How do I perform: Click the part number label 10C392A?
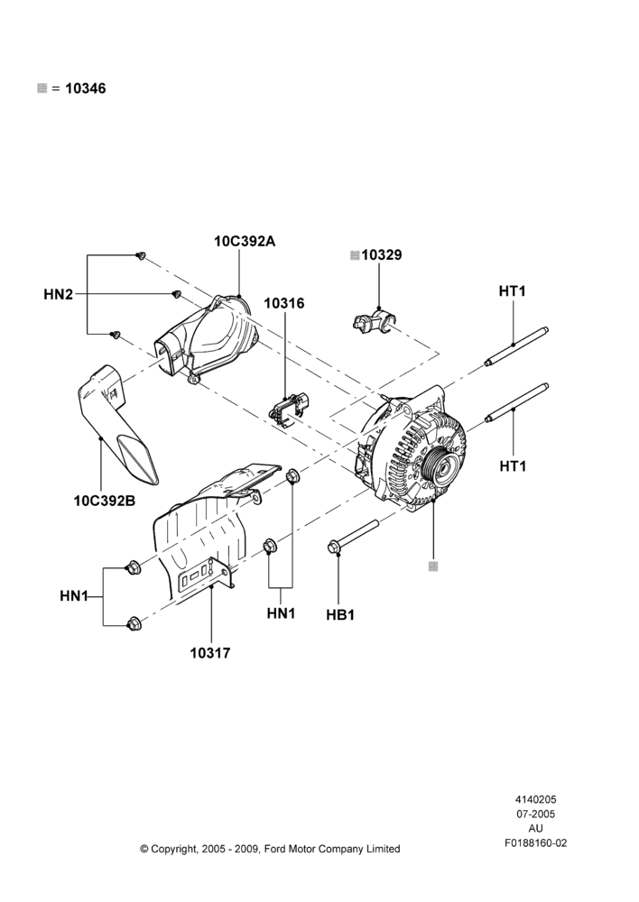tap(245, 241)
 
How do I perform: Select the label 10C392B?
tap(104, 501)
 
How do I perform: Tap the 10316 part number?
tap(284, 303)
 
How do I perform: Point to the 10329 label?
tap(382, 255)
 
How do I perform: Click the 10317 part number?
tap(210, 653)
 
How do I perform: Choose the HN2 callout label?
tap(59, 295)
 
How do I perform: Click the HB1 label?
tap(340, 615)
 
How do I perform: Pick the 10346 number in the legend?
tap(85, 88)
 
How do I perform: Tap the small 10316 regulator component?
tap(289, 409)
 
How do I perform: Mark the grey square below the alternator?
tap(433, 566)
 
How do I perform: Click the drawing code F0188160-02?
tap(536, 842)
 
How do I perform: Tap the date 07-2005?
tap(535, 814)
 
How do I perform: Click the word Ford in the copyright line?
tap(275, 849)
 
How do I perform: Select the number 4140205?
tap(535, 799)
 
